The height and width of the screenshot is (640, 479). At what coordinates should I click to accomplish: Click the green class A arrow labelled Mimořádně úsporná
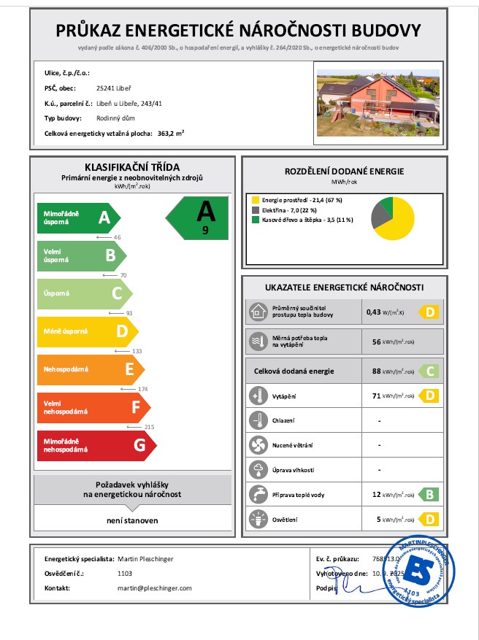tap(77, 217)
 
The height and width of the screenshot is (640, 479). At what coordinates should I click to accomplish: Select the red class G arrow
tap(95, 445)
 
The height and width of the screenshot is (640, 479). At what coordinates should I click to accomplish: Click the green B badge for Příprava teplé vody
tap(429, 495)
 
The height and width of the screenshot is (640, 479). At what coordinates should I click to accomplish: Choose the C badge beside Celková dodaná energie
tap(429, 371)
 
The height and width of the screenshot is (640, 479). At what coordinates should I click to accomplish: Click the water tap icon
tap(258, 494)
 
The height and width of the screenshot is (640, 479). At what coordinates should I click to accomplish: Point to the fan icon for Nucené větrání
tap(258, 444)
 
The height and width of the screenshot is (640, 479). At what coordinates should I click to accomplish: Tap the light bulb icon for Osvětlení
tap(258, 520)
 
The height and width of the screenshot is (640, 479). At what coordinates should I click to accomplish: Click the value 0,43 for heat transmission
tap(375, 312)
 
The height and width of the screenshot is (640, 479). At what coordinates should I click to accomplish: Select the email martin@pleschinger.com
tap(154, 587)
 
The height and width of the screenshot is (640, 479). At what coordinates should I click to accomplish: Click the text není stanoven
tap(133, 520)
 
